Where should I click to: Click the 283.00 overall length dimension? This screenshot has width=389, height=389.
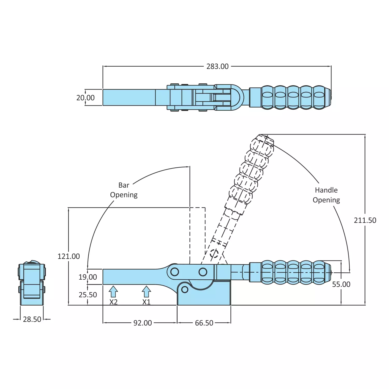click(x=217, y=67)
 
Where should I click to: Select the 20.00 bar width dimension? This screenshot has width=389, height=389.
click(x=85, y=98)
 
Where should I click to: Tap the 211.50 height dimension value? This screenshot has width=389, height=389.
click(x=365, y=220)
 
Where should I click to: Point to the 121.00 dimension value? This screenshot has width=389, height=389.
click(x=69, y=256)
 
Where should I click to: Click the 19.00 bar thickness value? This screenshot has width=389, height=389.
click(x=88, y=277)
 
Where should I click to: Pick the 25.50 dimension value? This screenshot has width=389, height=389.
click(x=88, y=295)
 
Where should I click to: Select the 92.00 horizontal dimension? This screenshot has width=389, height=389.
click(x=143, y=323)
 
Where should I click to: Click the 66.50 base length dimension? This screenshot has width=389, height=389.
click(x=204, y=323)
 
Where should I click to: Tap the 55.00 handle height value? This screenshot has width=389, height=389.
click(x=341, y=284)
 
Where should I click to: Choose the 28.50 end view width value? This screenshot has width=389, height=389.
click(x=32, y=319)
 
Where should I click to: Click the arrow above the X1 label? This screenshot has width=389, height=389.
click(x=146, y=292)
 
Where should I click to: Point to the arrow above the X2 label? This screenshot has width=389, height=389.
click(x=113, y=292)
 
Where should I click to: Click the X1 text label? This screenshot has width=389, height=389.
click(x=146, y=302)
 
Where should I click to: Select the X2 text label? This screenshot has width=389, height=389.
click(x=114, y=302)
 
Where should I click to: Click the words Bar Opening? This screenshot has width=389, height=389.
click(x=124, y=190)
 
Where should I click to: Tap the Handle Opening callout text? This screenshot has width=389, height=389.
click(x=326, y=195)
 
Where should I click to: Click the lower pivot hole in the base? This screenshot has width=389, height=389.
click(x=185, y=289)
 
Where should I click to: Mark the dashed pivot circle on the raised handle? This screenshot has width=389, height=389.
click(x=214, y=253)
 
